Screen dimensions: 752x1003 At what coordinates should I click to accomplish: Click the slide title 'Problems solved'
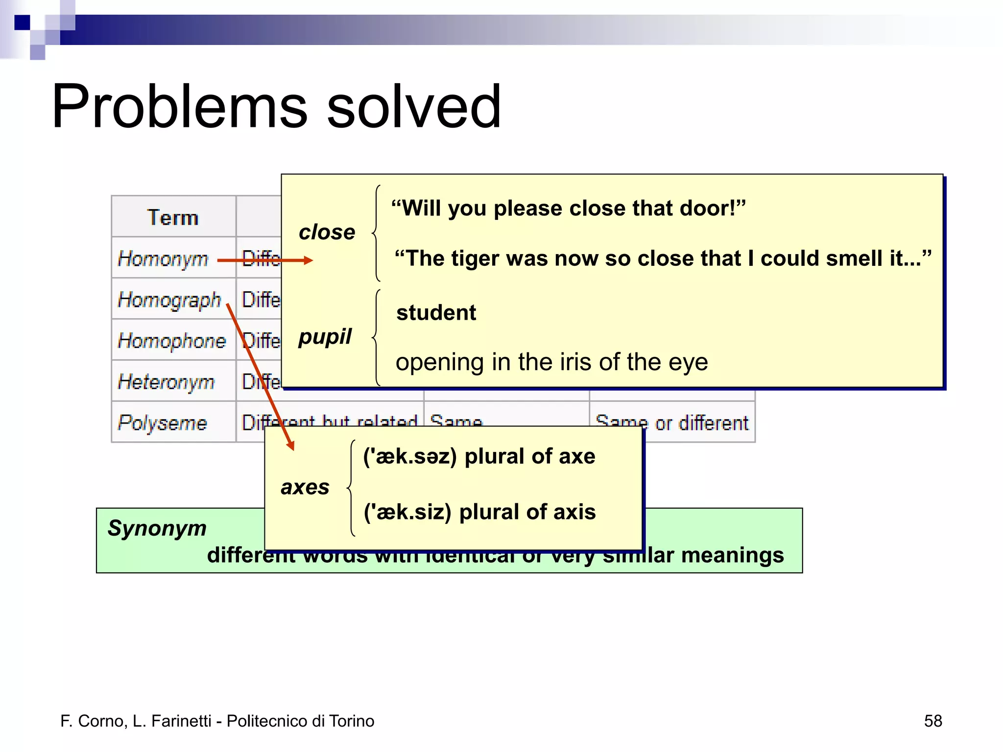pyautogui.click(x=276, y=106)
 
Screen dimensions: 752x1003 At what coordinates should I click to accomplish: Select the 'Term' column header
pyautogui.click(x=173, y=217)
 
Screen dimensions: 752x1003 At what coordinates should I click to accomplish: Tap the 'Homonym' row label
pyautogui.click(x=163, y=258)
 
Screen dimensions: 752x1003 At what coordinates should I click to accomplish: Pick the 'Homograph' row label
pyautogui.click(x=169, y=300)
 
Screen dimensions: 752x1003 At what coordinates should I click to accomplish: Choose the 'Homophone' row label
pyautogui.click(x=171, y=341)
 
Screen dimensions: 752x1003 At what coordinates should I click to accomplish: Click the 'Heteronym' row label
pyautogui.click(x=167, y=382)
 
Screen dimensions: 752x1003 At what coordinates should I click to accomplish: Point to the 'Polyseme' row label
pyautogui.click(x=163, y=423)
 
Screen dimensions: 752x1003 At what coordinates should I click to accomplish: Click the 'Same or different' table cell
pyautogui.click(x=672, y=423)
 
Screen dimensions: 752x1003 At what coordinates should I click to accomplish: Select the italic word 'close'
pyautogui.click(x=327, y=232)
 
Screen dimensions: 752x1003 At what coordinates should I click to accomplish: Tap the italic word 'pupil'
pyautogui.click(x=325, y=336)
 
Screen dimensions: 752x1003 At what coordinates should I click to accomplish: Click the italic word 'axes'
pyautogui.click(x=305, y=487)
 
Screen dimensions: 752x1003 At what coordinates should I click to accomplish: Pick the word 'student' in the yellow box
pyautogui.click(x=436, y=312)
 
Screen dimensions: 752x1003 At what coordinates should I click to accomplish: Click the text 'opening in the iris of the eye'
pyautogui.click(x=551, y=362)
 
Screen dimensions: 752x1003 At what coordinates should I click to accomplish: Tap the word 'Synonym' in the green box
pyautogui.click(x=157, y=528)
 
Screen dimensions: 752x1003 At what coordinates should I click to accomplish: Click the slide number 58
pyautogui.click(x=932, y=721)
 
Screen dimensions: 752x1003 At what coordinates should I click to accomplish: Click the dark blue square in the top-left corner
pyautogui.click(x=22, y=23)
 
